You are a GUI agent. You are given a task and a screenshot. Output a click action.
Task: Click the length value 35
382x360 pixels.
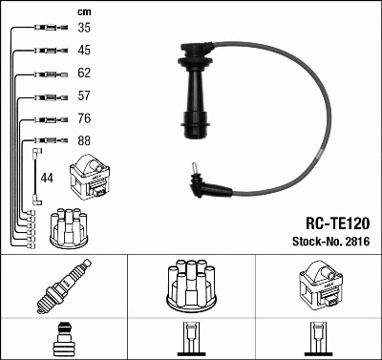(84, 29)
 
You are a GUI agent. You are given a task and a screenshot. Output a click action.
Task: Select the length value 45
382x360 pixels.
(84, 51)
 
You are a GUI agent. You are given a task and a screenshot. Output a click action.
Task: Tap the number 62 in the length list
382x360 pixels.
(84, 73)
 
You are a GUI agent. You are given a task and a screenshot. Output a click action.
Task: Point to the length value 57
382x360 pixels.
(84, 96)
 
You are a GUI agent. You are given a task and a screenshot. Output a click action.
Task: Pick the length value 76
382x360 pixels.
(84, 119)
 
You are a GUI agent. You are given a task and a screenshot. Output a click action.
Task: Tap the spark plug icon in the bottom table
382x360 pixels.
(62, 287)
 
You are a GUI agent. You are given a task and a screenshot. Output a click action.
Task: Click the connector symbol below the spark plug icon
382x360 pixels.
(62, 339)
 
